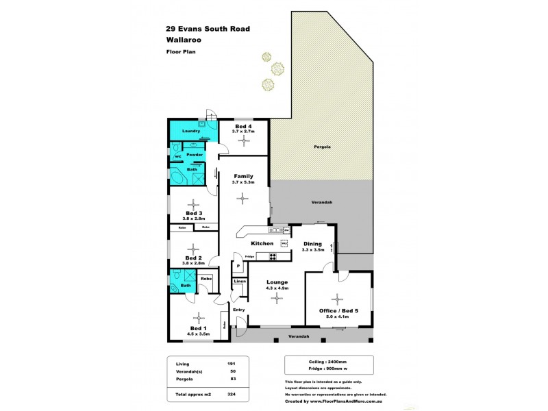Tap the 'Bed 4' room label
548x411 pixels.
(x=243, y=127)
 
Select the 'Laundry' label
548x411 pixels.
(x=190, y=130)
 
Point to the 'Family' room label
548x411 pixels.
(x=243, y=176)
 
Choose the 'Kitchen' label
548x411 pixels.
(x=262, y=243)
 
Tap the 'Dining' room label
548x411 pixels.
(x=312, y=243)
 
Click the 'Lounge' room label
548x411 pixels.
(x=277, y=282)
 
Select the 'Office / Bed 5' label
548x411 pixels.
(x=338, y=310)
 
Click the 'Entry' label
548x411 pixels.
(x=238, y=310)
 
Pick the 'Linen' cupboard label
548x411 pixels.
(x=239, y=282)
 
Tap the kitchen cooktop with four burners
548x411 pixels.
(x=272, y=258)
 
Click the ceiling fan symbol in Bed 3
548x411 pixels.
(x=195, y=203)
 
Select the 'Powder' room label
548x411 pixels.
(x=195, y=155)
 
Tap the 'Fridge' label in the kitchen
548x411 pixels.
(x=250, y=257)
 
